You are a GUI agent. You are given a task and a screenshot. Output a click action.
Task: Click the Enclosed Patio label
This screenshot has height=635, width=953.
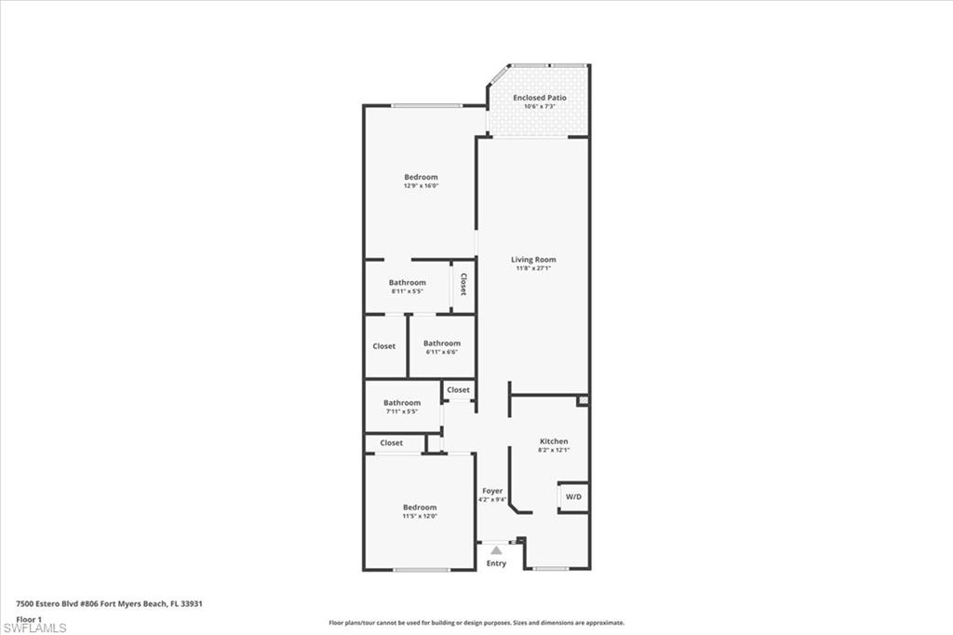pyautogui.click(x=539, y=98)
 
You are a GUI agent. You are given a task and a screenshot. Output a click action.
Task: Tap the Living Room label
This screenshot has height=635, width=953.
pyautogui.click(x=533, y=259)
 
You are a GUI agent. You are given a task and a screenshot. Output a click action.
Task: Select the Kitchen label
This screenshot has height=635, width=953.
pyautogui.click(x=554, y=441)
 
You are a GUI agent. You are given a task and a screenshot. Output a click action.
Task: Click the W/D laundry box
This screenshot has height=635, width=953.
pyautogui.click(x=573, y=497)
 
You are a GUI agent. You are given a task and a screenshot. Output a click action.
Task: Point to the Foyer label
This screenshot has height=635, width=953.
pyautogui.click(x=492, y=491)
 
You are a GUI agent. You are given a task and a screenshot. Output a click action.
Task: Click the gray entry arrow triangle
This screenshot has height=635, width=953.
pyautogui.click(x=497, y=550)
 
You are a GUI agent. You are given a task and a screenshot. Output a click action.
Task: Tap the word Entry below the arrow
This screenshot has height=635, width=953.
pyautogui.click(x=496, y=563)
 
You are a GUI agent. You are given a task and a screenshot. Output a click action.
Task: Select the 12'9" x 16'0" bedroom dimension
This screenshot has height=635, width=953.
pyautogui.click(x=421, y=185)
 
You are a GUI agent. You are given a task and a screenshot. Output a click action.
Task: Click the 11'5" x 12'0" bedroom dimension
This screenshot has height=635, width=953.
pyautogui.click(x=420, y=516)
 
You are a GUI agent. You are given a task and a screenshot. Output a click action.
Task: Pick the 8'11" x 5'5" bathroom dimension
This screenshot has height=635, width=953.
pyautogui.click(x=408, y=290)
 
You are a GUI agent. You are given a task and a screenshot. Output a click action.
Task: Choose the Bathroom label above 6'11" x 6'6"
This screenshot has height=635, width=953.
pyautogui.click(x=442, y=343)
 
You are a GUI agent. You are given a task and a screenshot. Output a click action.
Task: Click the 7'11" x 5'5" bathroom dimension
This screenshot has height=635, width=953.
pyautogui.click(x=402, y=412)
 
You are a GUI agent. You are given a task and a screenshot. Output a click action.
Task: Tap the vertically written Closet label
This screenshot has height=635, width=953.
pyautogui.click(x=463, y=284)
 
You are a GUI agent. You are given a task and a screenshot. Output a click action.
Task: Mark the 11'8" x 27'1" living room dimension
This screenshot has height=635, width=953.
pyautogui.click(x=533, y=267)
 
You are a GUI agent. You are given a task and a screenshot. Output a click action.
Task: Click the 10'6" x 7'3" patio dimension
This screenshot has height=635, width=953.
pyautogui.click(x=540, y=106)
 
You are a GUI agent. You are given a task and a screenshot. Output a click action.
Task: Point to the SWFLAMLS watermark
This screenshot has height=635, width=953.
pyautogui.click(x=34, y=628)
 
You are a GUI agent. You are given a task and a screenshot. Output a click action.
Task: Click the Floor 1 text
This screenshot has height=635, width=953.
pyautogui.click(x=29, y=619)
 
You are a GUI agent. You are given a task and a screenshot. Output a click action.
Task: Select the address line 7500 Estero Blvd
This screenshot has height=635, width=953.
pyautogui.click(x=110, y=604)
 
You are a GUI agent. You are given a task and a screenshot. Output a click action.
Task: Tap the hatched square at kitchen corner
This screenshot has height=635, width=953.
pyautogui.click(x=584, y=400)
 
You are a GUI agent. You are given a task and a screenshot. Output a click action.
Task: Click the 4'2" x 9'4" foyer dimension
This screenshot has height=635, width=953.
pyautogui.click(x=492, y=499)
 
